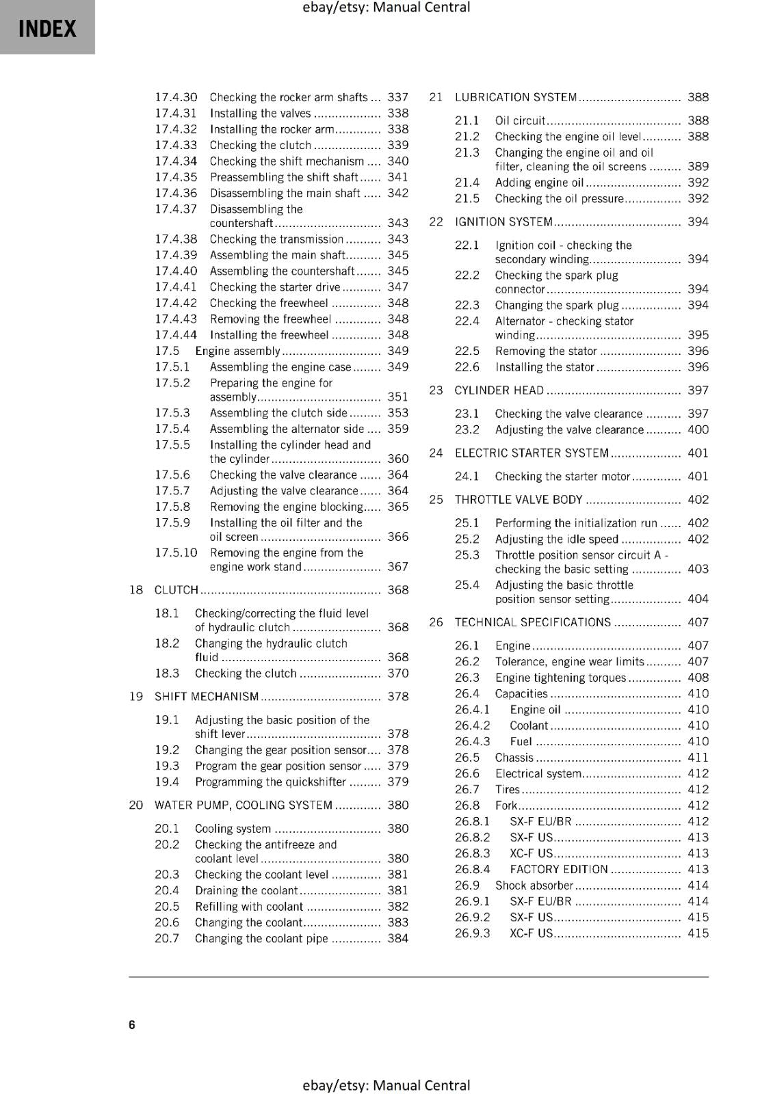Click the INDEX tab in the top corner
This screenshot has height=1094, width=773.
pos(47,28)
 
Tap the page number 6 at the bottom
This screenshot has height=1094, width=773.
pos(132,1024)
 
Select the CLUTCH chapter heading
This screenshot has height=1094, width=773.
pos(176,590)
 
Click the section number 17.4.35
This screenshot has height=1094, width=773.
pos(176,177)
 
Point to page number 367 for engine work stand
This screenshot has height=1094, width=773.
pos(397,567)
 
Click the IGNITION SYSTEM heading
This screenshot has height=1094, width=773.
pos(503,222)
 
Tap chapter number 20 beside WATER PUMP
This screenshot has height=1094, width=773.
pos(135,805)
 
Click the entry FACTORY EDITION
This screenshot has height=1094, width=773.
pos(559,870)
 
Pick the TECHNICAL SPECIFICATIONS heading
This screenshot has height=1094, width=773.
pos(532,622)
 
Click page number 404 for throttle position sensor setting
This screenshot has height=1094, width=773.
pos(698,599)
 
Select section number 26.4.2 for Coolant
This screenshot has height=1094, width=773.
pos(472,725)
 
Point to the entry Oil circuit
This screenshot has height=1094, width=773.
pos(520,120)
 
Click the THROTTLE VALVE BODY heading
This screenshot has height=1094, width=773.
pos(519,500)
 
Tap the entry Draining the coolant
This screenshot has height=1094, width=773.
pos(246,890)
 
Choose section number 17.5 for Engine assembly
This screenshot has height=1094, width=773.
pos(167,351)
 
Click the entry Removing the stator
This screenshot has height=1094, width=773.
pos(546,351)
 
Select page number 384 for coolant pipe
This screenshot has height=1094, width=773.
pos(397,939)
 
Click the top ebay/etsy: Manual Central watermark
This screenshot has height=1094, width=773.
pos(386,8)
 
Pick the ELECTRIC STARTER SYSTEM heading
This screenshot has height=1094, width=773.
pos(532,453)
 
